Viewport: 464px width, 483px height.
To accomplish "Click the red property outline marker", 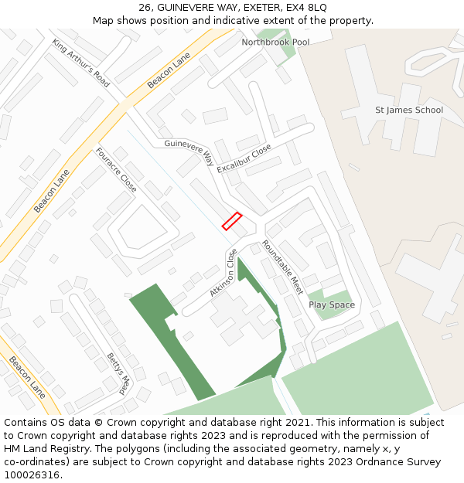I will [x=232, y=221].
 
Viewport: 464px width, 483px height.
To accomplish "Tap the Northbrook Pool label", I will [x=275, y=42].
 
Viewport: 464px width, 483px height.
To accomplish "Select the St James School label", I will [x=408, y=110].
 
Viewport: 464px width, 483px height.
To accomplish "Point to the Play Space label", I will [x=332, y=304].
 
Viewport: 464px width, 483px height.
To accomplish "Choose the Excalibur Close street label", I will [x=244, y=158].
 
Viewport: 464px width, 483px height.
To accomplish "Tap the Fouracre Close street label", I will [x=116, y=170].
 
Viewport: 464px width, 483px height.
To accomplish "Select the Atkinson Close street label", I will [x=223, y=273].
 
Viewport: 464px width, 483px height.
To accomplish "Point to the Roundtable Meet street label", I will [x=282, y=267].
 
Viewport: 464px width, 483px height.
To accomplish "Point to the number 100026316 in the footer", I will [x=32, y=475].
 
